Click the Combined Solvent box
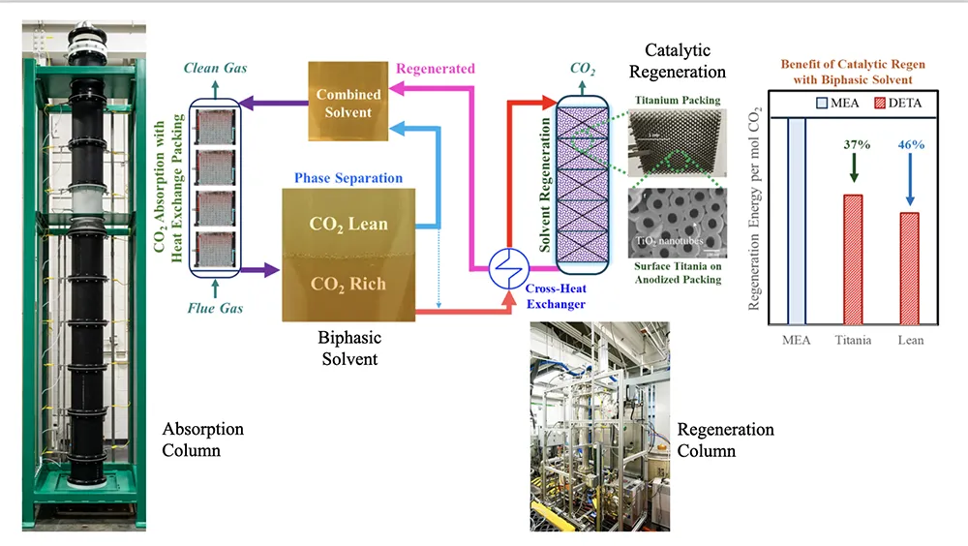[348, 104]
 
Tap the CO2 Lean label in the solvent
[348, 224]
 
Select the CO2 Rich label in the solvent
[348, 284]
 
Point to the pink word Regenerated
[437, 69]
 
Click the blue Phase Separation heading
[348, 178]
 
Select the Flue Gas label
[215, 309]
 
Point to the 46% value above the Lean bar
[911, 144]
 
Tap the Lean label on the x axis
[910, 340]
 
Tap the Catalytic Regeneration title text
[678, 60]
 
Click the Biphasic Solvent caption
[349, 349]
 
